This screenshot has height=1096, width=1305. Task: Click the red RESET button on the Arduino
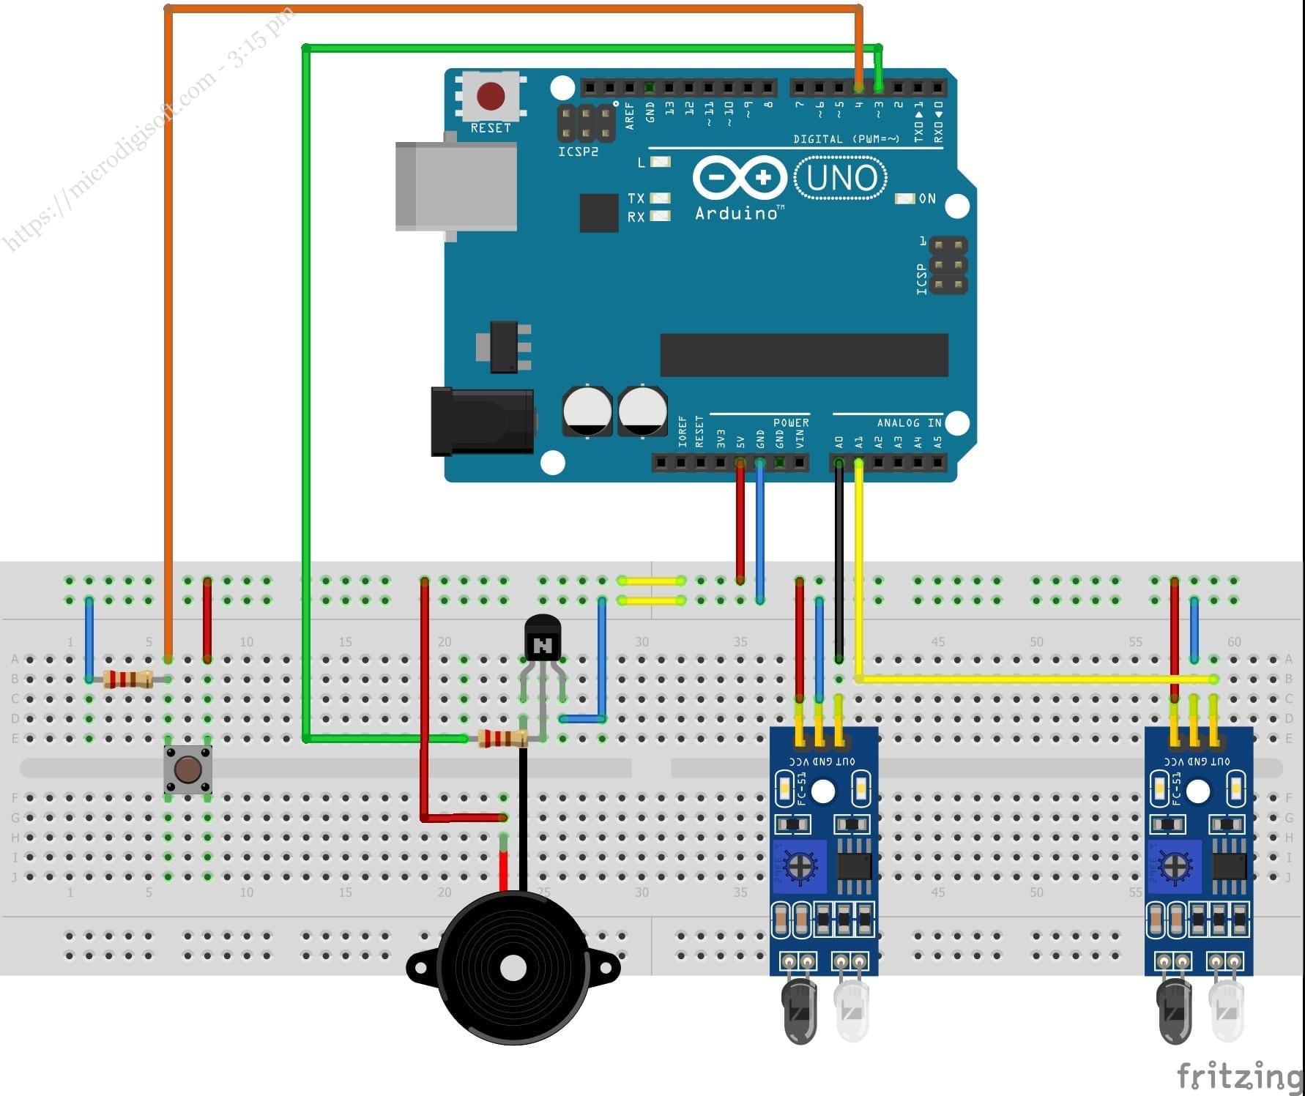(x=490, y=95)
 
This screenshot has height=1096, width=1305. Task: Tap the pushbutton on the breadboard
(x=188, y=769)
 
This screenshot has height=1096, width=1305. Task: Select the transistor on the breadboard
(x=543, y=639)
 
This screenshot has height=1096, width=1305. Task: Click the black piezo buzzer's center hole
(x=513, y=969)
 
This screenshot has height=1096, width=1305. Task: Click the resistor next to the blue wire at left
(x=128, y=679)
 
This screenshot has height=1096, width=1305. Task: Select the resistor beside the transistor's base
(x=502, y=738)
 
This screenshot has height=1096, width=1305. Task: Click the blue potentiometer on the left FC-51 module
(x=797, y=867)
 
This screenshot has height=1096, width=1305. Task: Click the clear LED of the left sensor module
(x=852, y=1010)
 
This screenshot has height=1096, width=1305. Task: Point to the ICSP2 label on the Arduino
(x=578, y=152)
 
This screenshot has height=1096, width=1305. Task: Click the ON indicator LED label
(x=926, y=198)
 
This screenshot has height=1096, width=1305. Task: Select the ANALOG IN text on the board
(x=909, y=422)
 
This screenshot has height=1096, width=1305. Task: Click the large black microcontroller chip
(x=803, y=355)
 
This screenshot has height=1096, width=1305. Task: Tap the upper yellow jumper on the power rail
(x=651, y=581)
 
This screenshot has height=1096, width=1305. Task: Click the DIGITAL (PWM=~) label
(x=846, y=138)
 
